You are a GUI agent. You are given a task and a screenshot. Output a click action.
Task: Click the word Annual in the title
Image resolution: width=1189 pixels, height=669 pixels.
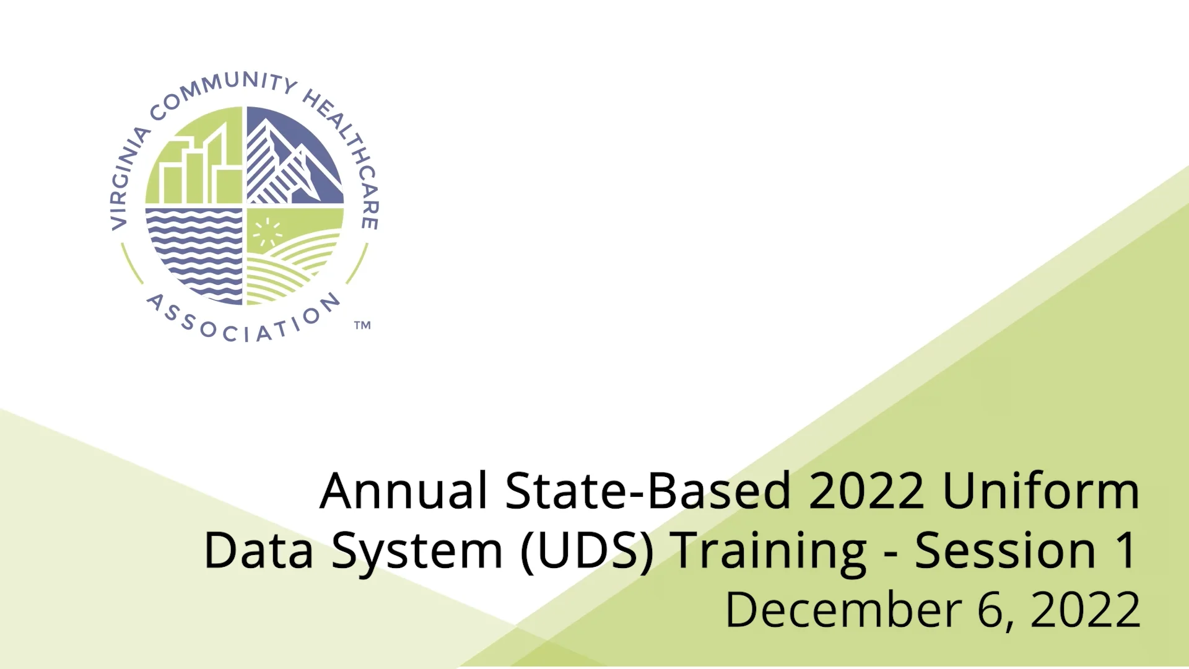pyautogui.click(x=403, y=491)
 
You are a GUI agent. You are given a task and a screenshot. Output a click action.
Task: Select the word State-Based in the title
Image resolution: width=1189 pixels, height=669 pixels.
pyautogui.click(x=648, y=491)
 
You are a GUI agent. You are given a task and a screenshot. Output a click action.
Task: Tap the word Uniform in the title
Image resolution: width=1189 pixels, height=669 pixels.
pyautogui.click(x=1040, y=491)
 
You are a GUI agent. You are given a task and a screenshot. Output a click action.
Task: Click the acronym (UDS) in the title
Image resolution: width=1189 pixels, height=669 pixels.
pyautogui.click(x=587, y=551)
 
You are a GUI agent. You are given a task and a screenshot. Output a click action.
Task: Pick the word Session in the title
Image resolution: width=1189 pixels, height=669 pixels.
pyautogui.click(x=1005, y=551)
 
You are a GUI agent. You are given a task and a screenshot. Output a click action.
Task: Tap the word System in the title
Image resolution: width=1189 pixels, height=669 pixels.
pyautogui.click(x=417, y=551)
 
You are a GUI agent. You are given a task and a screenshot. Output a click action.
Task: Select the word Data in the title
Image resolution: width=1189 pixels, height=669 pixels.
pyautogui.click(x=258, y=551)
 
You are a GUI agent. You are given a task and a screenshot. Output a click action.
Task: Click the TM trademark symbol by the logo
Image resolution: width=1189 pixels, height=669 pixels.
pyautogui.click(x=362, y=325)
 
